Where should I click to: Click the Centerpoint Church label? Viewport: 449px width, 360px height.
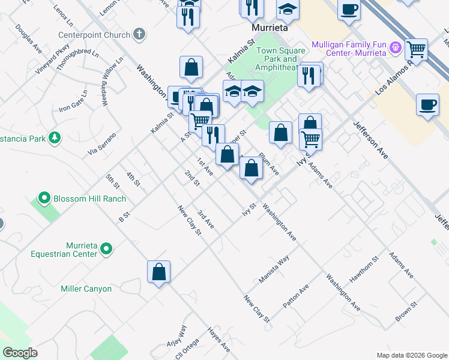pos(95,35)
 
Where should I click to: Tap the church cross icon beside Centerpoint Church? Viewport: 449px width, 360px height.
pos(139,34)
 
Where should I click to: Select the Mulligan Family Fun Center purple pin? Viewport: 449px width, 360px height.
pos(396,47)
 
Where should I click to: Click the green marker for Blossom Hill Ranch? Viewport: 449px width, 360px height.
pos(44,197)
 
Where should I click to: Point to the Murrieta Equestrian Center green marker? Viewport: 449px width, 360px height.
pos(106,248)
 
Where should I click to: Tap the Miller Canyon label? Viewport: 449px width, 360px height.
pos(86,289)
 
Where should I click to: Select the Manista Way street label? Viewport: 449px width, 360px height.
pos(274,269)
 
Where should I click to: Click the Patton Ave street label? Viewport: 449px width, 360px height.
pos(295,296)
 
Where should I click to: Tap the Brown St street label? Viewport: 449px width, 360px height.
pos(406,311)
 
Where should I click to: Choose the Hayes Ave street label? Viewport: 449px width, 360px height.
pos(218,339)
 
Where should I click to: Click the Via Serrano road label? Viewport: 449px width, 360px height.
pos(101,145)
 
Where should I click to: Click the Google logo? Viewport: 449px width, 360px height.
pos(20,352)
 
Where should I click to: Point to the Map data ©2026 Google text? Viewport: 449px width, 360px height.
pos(411,355)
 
